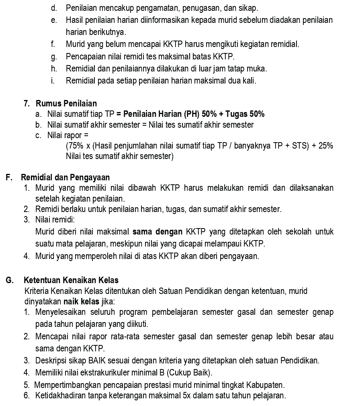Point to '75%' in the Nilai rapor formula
pos(73,146)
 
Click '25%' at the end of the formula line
pos(325,146)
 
